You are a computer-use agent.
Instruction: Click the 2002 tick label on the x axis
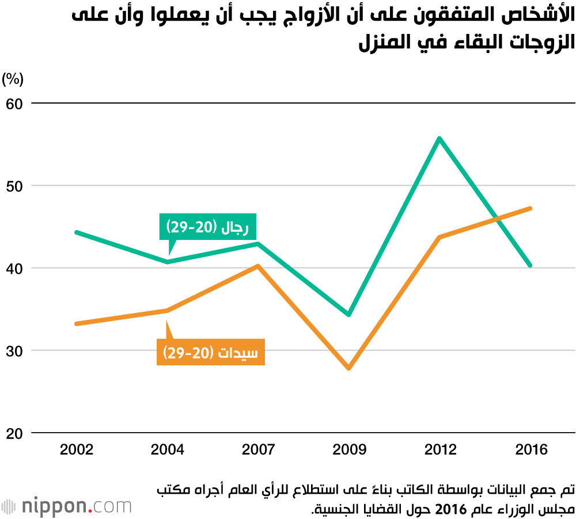coord(77,449)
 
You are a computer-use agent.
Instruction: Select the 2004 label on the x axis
coord(167,449)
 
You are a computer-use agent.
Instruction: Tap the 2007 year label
coord(258,449)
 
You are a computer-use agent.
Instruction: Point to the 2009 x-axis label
coord(348,449)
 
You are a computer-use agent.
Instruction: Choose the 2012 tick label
coord(439,449)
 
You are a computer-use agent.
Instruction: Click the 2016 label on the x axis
coord(530,449)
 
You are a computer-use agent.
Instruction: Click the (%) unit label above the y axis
coord(13,79)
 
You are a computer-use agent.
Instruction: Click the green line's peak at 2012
coord(439,138)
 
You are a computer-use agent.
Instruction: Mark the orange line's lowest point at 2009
coord(348,368)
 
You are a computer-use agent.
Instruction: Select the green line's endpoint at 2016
coord(530,265)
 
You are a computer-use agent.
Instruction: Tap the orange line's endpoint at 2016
coord(530,208)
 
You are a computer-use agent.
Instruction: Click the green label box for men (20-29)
coord(207,227)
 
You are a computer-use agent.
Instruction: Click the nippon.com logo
coord(67,506)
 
